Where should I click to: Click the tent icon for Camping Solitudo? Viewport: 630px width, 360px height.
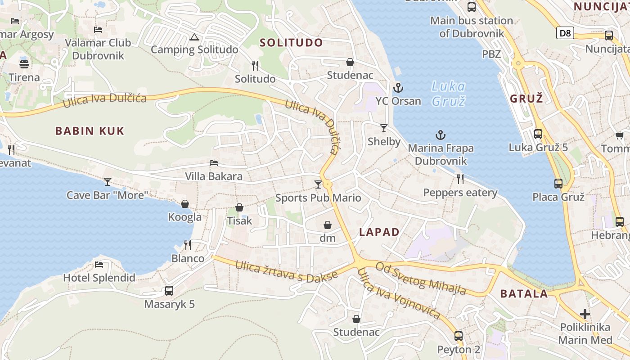point(194,37)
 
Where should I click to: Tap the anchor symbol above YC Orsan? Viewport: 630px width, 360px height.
point(397,87)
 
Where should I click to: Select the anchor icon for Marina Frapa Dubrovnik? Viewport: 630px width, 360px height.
point(441,135)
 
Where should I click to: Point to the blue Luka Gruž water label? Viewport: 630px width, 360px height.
point(448,93)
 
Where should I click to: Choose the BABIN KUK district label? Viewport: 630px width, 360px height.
point(90,131)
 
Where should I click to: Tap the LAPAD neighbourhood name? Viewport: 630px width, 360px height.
point(379,232)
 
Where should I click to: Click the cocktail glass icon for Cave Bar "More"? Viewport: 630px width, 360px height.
point(108,182)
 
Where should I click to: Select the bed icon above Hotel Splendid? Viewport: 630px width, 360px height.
point(99,264)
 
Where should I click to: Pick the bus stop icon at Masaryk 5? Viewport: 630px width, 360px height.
point(169,291)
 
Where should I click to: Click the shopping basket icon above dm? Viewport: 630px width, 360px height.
point(328,225)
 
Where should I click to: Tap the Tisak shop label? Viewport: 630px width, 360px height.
point(239,221)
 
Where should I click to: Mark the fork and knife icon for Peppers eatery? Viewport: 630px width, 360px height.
point(460,179)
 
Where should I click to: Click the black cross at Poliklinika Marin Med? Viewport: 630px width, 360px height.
point(585,314)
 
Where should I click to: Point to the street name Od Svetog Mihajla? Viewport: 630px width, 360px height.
point(421,278)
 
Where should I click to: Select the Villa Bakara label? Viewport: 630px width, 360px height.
point(214,176)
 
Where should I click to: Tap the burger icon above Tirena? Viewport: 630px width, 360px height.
point(24,64)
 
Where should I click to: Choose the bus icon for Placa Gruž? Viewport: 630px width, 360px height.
point(558,184)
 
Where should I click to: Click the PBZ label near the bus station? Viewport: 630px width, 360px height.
point(491,54)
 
